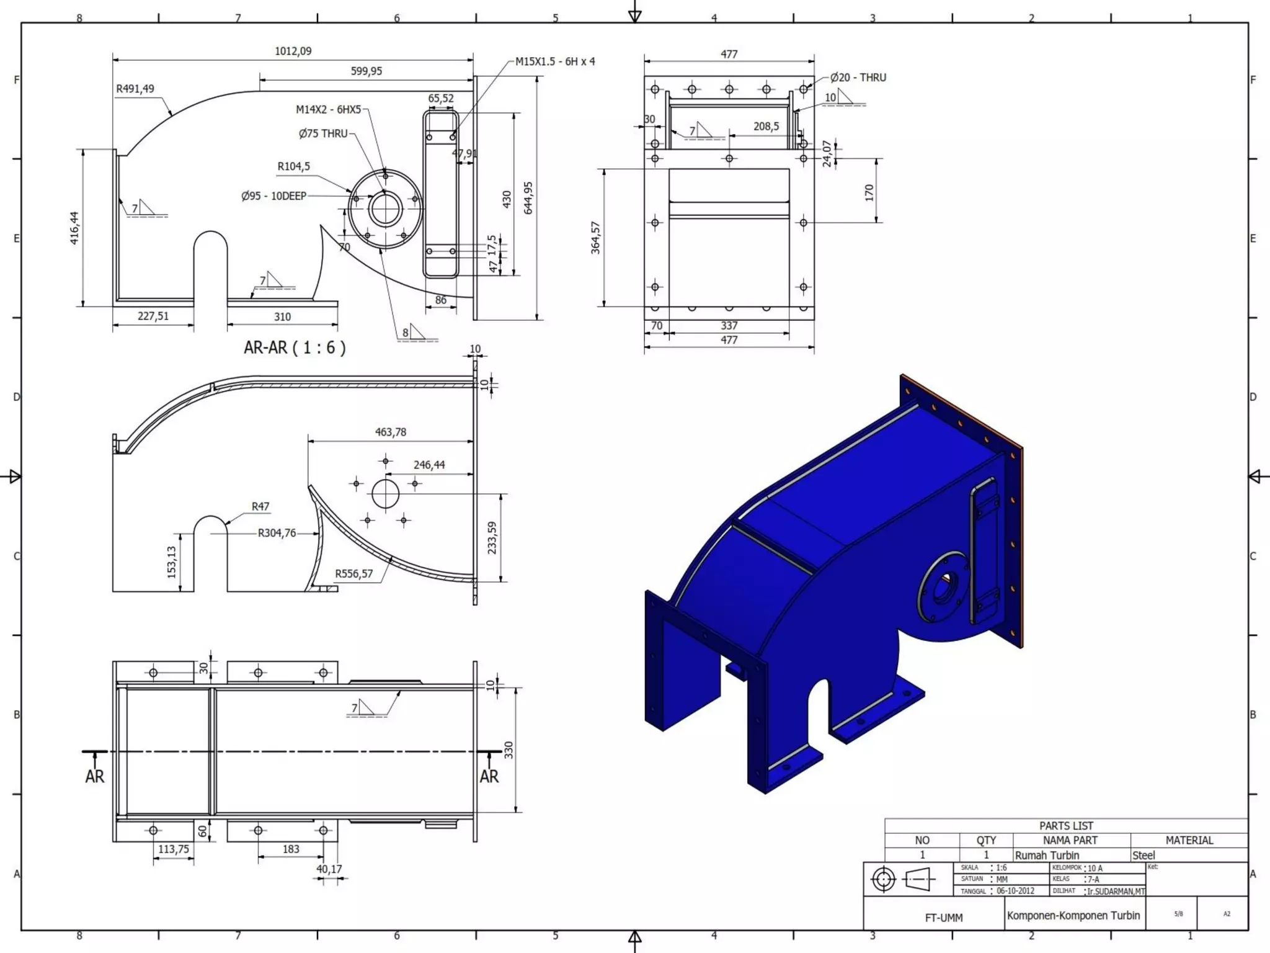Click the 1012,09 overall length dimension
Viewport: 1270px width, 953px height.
point(293,51)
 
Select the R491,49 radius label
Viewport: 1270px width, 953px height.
point(135,89)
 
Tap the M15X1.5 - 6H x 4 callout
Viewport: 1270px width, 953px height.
point(555,61)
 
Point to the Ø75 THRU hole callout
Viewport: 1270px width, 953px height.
point(323,133)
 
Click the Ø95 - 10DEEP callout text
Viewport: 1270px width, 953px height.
point(273,196)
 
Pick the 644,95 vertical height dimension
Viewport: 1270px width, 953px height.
point(528,198)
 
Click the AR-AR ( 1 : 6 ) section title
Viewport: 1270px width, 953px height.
point(295,347)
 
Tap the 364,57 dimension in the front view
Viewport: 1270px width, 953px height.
point(595,238)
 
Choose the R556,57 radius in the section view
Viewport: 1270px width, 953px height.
point(354,573)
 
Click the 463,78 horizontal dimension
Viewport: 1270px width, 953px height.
point(391,432)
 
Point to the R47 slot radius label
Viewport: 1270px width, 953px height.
point(260,506)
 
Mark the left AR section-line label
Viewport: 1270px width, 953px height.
point(95,776)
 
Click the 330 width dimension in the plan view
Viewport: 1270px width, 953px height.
point(508,750)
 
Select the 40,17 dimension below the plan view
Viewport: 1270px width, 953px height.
point(329,869)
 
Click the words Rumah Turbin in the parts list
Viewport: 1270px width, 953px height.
point(1047,855)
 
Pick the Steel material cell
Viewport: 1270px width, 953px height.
point(1143,855)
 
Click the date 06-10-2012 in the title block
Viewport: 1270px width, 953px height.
point(1015,891)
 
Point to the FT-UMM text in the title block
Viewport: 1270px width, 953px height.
point(943,918)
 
